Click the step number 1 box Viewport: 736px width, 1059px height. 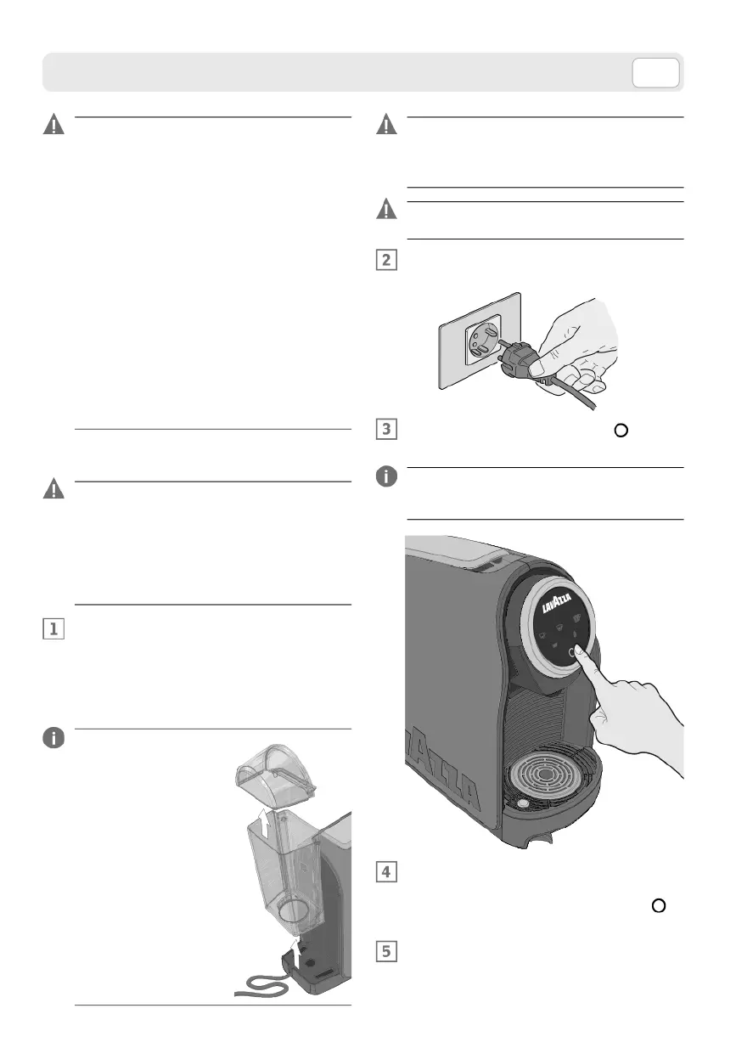tap(53, 629)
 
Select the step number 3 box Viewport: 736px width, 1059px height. tap(386, 429)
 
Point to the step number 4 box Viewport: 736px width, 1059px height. tap(386, 873)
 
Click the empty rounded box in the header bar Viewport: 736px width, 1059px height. tap(655, 73)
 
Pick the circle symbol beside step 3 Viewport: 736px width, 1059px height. tap(621, 430)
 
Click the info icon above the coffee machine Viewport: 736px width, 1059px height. tap(386, 477)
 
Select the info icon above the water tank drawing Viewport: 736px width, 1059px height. tap(53, 738)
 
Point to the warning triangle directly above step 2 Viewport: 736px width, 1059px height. tap(386, 210)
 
